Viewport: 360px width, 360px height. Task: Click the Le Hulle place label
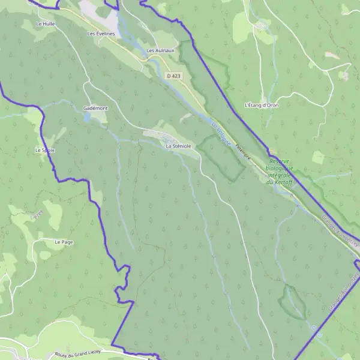(x=45, y=24)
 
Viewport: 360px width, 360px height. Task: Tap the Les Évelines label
(x=100, y=34)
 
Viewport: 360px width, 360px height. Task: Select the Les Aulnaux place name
(x=160, y=51)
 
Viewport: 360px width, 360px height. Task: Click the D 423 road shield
(x=173, y=76)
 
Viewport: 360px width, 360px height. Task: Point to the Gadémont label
(x=95, y=108)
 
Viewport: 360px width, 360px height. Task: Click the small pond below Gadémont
(x=88, y=118)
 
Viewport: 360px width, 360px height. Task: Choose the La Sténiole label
(x=178, y=146)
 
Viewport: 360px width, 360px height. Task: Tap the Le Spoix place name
(x=45, y=150)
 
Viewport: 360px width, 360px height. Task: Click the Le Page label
(x=63, y=242)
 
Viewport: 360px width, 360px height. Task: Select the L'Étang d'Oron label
(x=262, y=105)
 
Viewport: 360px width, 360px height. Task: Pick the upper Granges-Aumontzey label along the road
(x=339, y=231)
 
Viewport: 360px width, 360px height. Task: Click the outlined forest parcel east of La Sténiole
(x=221, y=157)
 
